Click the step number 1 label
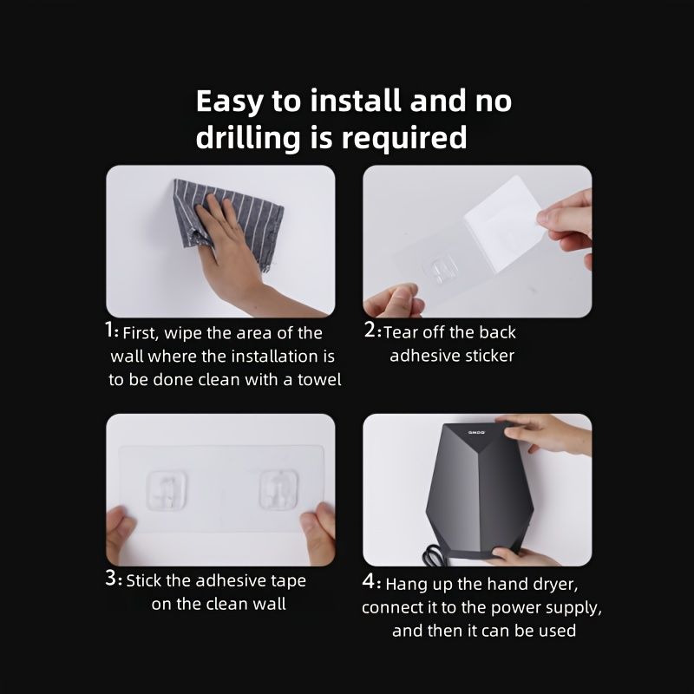tap(110, 331)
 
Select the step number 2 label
tap(371, 331)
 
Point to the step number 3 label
tap(113, 579)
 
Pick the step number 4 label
tap(370, 583)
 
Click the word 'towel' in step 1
tap(318, 379)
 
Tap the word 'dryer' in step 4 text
tap(567, 584)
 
